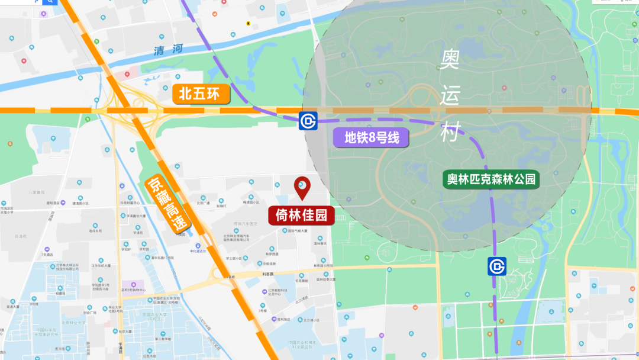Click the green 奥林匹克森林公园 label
(x=492, y=178)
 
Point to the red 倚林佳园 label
(x=301, y=214)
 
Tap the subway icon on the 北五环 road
(x=308, y=121)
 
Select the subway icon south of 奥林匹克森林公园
(x=496, y=266)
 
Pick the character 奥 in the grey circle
(x=451, y=60)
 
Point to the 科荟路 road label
(x=269, y=274)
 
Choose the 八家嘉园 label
(x=37, y=192)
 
